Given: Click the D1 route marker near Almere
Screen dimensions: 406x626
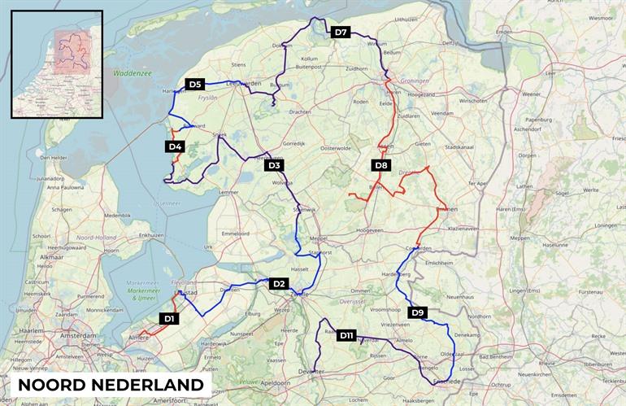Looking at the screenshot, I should [x=168, y=319].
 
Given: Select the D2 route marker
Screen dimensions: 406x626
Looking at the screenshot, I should [x=279, y=283].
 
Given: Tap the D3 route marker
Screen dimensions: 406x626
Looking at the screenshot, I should [x=275, y=166].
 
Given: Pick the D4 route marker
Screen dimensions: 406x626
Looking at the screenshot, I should [x=175, y=146].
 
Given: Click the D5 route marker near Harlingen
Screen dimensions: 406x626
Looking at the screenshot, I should [x=194, y=84].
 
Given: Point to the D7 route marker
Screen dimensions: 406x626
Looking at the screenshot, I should [x=341, y=33].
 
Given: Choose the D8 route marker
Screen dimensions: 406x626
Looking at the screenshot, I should [x=380, y=166].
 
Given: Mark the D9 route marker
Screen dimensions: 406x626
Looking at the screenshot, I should [x=417, y=312].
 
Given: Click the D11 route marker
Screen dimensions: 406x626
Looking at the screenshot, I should [x=346, y=335].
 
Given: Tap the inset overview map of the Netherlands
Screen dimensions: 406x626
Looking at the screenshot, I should [x=57, y=64].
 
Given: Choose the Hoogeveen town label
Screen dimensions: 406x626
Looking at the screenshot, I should [x=371, y=230].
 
